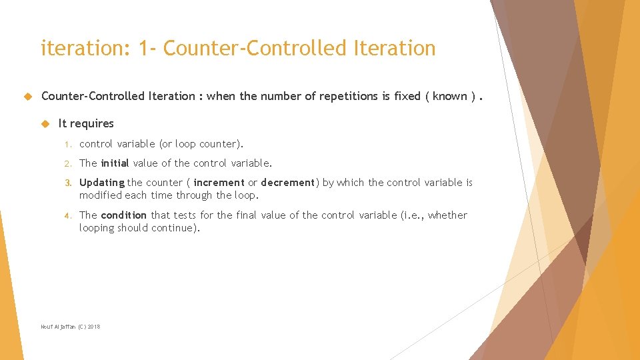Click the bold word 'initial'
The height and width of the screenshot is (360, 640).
point(115,163)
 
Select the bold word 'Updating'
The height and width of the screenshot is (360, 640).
point(101,183)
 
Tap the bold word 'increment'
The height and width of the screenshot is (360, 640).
point(219,183)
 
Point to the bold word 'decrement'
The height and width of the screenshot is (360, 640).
point(287,183)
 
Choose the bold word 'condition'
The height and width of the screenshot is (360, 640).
point(123,215)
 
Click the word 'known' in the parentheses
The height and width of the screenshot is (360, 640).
point(450,96)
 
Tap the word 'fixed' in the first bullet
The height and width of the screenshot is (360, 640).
point(407,96)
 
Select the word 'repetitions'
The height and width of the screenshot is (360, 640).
point(349,96)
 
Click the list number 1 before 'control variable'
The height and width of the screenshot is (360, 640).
point(67,144)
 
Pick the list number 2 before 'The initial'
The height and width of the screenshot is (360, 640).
point(67,163)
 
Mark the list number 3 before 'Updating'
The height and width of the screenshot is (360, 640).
point(67,183)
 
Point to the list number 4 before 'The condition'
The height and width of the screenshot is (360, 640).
point(67,215)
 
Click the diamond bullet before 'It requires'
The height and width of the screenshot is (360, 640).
point(45,123)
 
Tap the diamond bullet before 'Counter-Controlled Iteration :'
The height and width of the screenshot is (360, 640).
point(27,96)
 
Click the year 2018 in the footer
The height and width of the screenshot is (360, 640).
point(94,327)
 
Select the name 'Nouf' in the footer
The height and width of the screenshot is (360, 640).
point(47,327)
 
